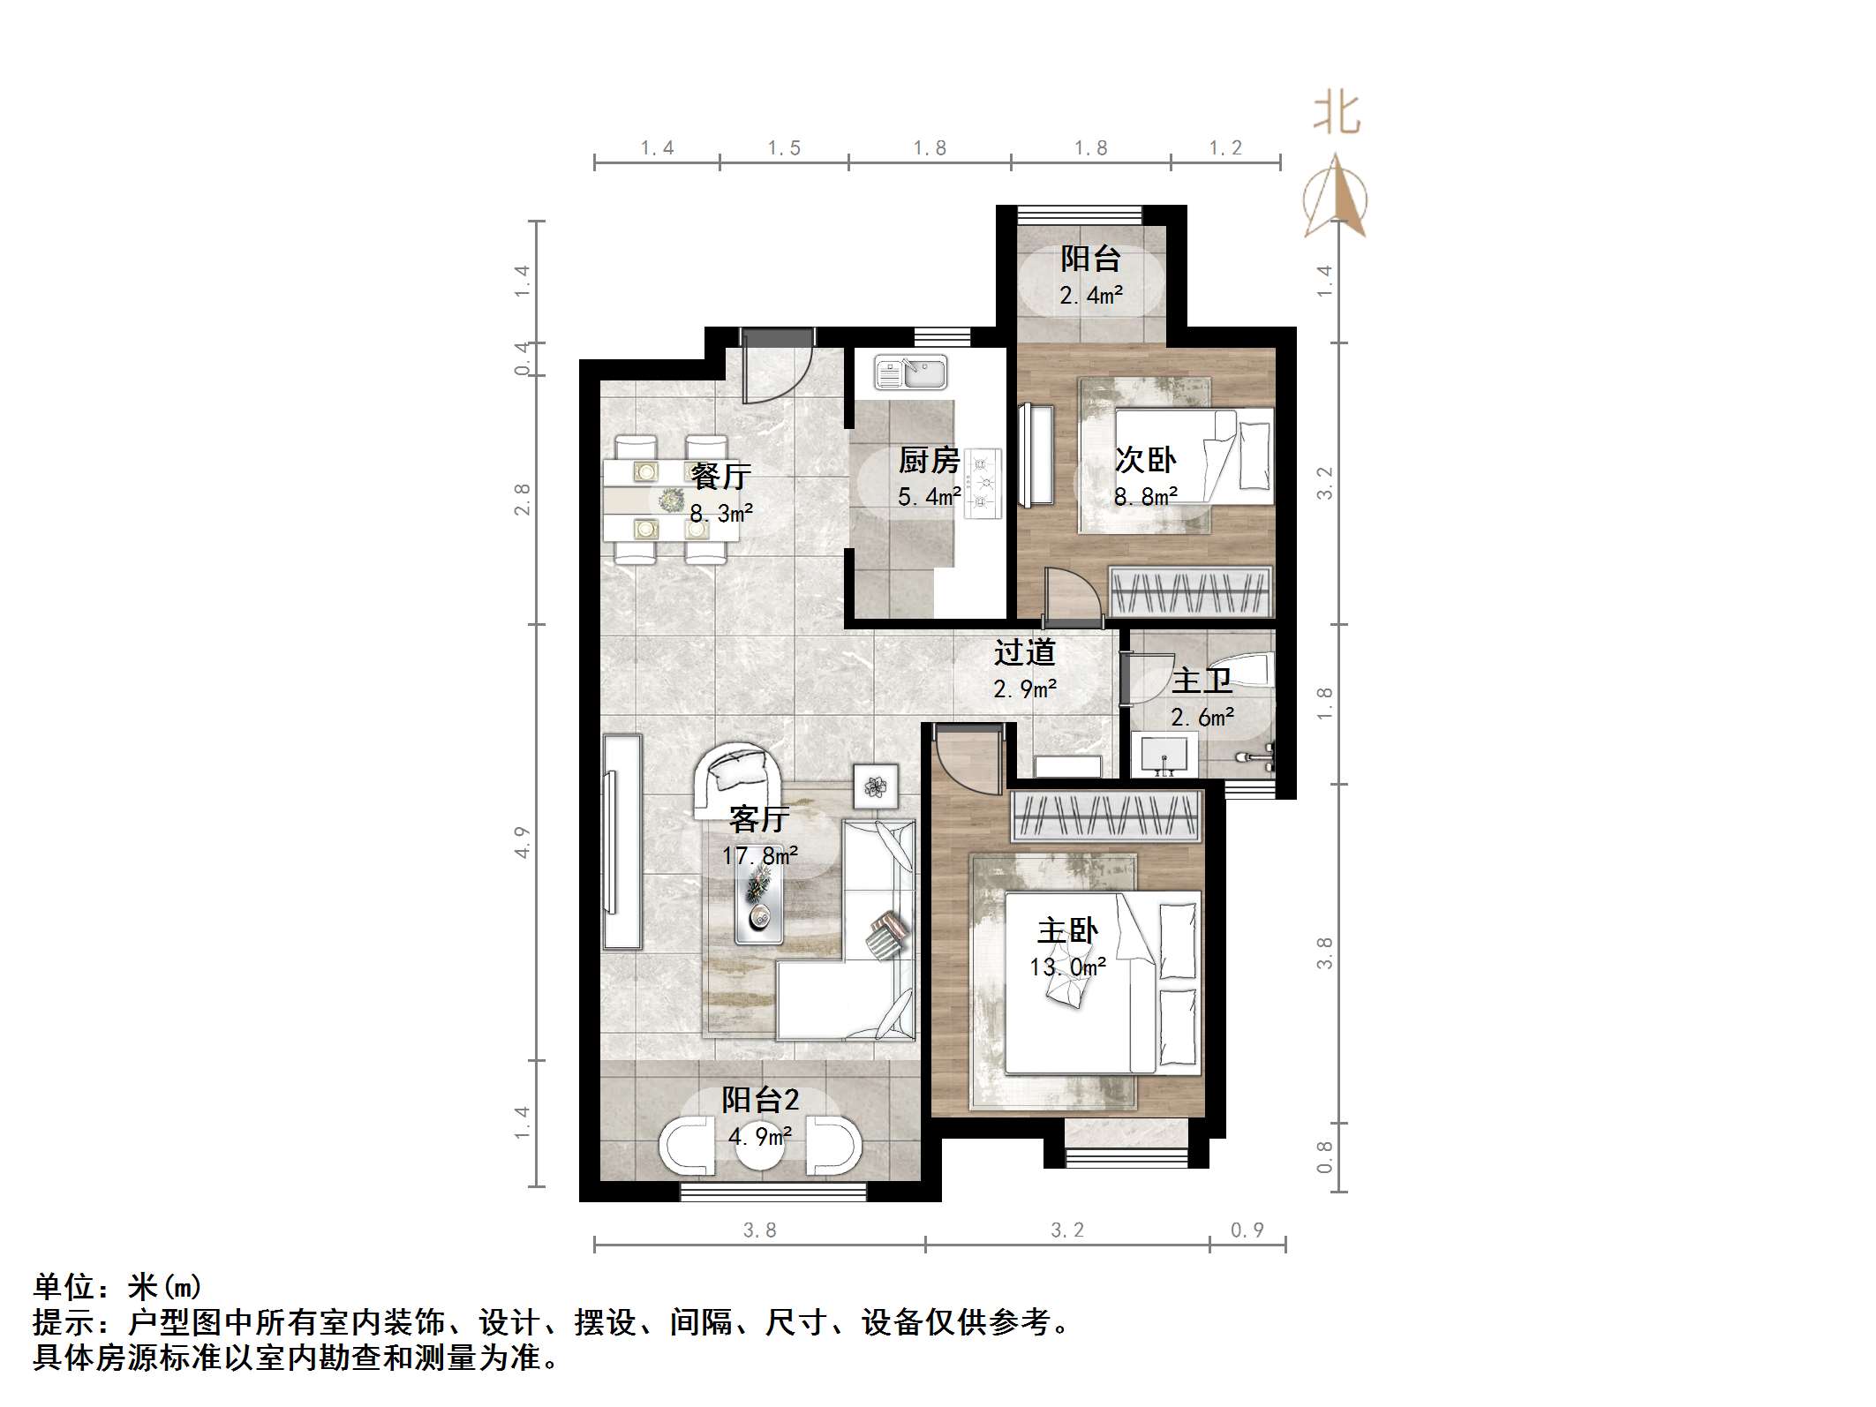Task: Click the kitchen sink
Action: [x=910, y=372]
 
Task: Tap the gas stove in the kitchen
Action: [x=983, y=483]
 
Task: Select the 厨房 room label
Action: [x=929, y=460]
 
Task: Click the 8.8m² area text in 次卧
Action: [x=1145, y=497]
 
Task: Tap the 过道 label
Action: [x=1024, y=652]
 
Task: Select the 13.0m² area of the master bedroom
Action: [x=1067, y=967]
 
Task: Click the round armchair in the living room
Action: [x=738, y=778]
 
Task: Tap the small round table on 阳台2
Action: [x=759, y=1146]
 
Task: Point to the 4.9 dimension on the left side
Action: [x=522, y=842]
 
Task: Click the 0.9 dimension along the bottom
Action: [x=1247, y=1230]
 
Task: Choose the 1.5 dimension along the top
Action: [x=783, y=148]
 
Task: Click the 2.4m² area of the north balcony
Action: [x=1091, y=296]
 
